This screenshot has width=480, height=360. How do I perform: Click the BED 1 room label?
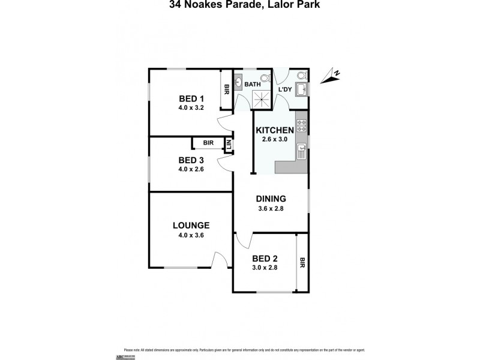(x=191, y=99)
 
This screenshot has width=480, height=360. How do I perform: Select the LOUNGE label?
(x=191, y=226)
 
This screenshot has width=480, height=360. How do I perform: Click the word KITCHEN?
(x=275, y=130)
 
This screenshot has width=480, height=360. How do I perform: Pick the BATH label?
(x=252, y=85)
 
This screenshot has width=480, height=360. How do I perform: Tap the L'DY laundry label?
(x=284, y=90)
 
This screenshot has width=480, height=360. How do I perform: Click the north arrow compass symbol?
(x=330, y=76)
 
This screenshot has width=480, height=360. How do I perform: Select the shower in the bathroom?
(x=261, y=100)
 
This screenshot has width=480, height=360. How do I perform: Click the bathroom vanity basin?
(x=238, y=83)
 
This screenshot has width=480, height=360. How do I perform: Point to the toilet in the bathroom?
(x=265, y=77)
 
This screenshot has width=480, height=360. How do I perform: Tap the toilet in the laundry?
(x=301, y=76)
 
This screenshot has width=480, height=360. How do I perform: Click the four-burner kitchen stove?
(x=301, y=126)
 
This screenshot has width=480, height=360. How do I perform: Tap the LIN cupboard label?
(x=228, y=145)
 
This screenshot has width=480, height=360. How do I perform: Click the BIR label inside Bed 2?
(x=302, y=262)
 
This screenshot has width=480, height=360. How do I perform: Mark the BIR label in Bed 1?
(x=226, y=90)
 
